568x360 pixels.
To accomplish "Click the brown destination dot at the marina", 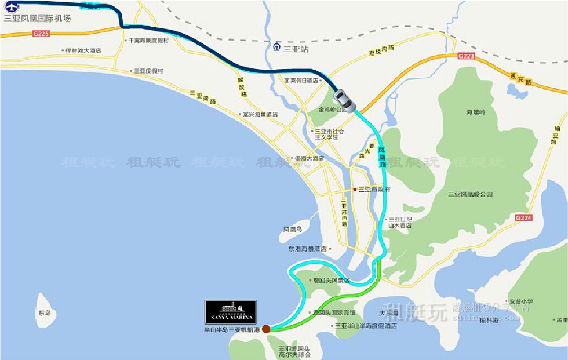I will tap(265, 329).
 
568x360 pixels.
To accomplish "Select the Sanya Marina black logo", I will tap(230, 312).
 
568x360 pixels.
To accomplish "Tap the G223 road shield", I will tap(465, 56).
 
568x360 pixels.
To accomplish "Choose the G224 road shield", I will tap(523, 217).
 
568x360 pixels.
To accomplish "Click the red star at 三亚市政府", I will tap(355, 190).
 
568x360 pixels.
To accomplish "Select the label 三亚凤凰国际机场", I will tap(37, 19).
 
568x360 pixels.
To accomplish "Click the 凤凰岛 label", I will tap(292, 230).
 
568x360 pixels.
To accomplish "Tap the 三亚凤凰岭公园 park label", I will tap(470, 194).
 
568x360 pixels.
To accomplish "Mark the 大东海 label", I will tap(389, 313).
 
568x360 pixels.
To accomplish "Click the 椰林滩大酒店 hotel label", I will tap(83, 51).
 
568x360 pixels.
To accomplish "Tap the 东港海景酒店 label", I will tap(307, 249).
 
